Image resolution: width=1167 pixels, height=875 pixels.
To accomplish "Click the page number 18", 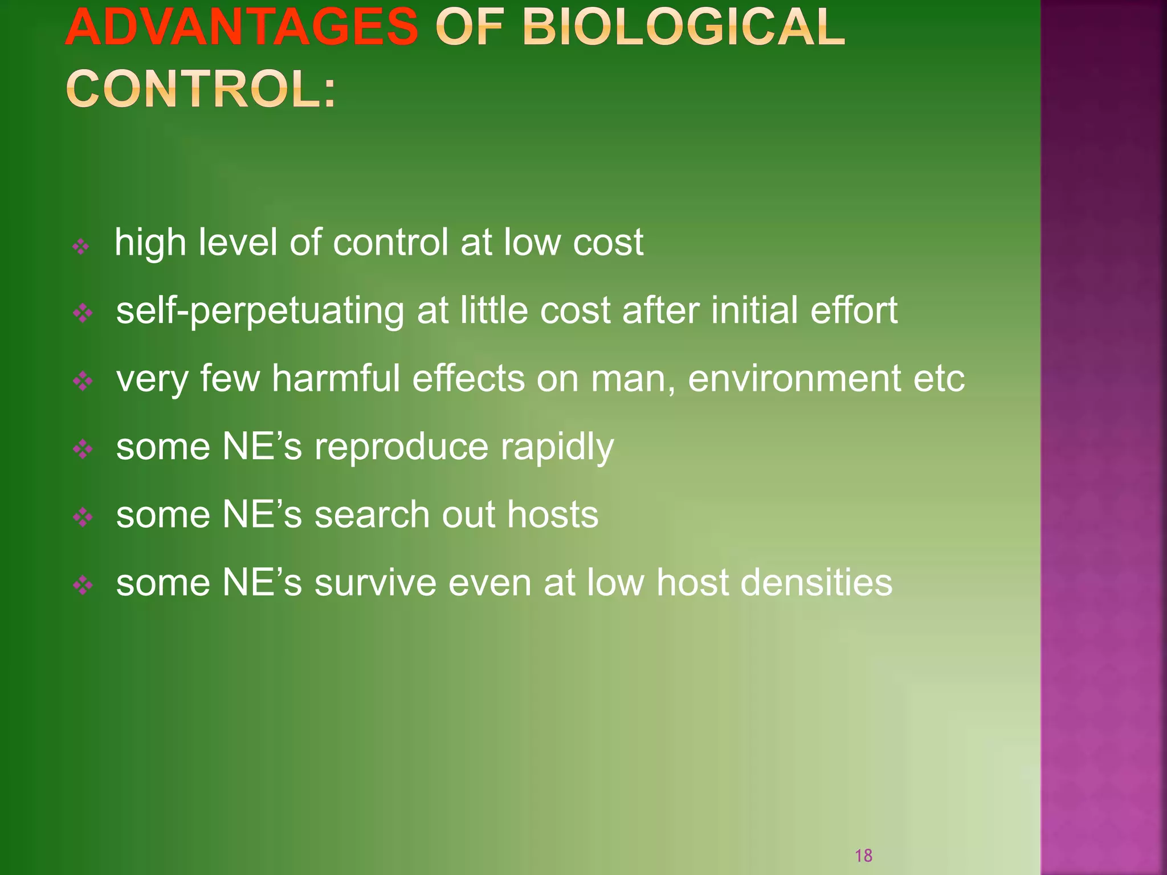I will click(x=863, y=855).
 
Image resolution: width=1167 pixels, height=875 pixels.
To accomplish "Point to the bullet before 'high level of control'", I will click(x=81, y=247).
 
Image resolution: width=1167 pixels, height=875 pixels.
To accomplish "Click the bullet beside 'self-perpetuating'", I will click(x=83, y=313).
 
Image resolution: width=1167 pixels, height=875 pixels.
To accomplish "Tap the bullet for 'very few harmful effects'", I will click(x=83, y=381).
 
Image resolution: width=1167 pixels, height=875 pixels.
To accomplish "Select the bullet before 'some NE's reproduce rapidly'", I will click(x=83, y=449).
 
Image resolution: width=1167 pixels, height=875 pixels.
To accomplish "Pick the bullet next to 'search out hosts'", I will click(x=83, y=517).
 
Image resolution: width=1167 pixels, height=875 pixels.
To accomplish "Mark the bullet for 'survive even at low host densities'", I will click(x=83, y=585).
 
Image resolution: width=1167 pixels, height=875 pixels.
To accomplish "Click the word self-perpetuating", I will click(x=260, y=312).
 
